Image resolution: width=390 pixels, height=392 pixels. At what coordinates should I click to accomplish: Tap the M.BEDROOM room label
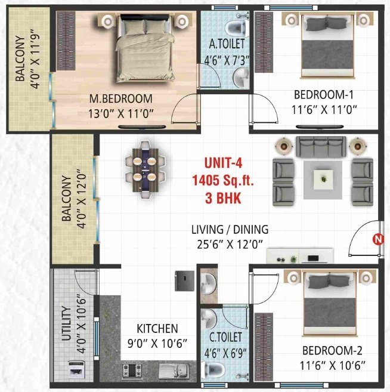tap(121, 98)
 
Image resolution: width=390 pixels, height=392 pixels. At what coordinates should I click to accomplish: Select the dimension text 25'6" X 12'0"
tap(230, 243)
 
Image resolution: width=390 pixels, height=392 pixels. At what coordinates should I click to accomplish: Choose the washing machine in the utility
tap(78, 369)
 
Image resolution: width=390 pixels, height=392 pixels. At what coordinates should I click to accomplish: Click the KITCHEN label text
tap(157, 329)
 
